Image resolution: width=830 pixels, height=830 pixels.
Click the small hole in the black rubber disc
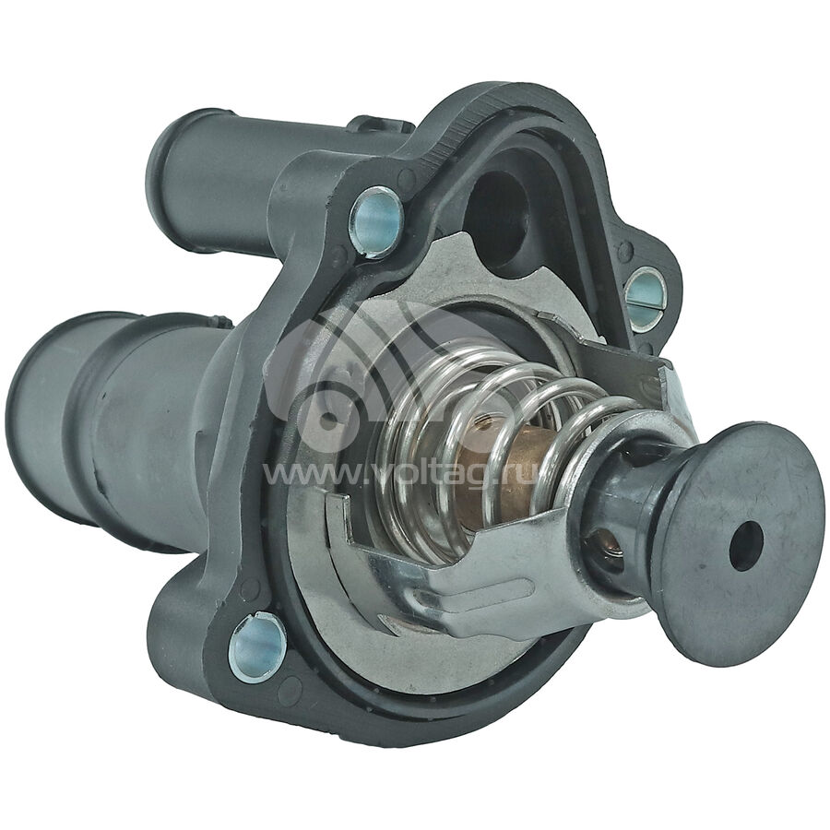746,545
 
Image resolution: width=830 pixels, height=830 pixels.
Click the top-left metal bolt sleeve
376,221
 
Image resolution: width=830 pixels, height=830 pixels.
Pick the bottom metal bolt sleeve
257,647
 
